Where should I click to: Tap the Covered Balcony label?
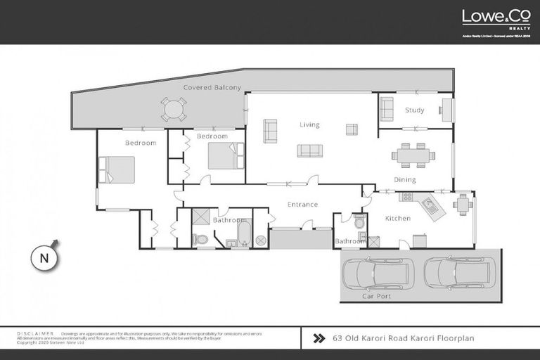[x=212, y=88]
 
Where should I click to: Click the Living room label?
[x=309, y=125]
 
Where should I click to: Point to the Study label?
[x=414, y=110]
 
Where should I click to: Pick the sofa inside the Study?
[x=387, y=109]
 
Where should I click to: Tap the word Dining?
[x=405, y=180]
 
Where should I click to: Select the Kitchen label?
[x=397, y=219]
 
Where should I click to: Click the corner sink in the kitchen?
[x=428, y=205]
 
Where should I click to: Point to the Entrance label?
[x=303, y=205]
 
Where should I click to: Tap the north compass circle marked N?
[x=44, y=257]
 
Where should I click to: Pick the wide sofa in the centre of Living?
[x=309, y=150]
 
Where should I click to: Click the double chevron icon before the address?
[x=319, y=338]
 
